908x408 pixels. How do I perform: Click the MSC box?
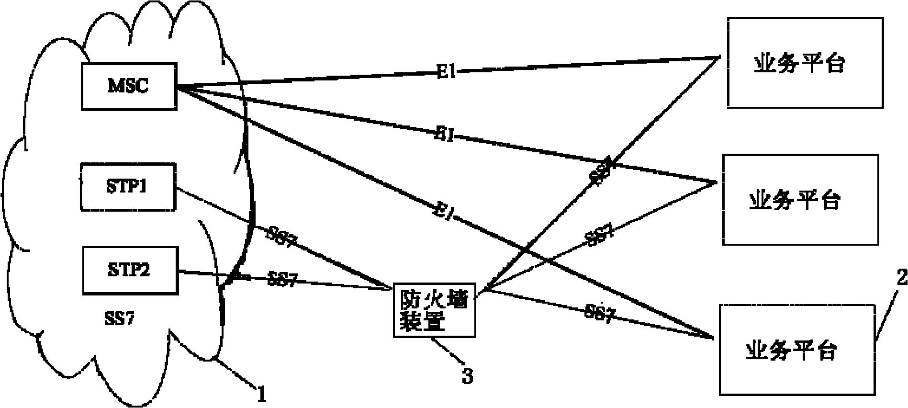pyautogui.click(x=129, y=86)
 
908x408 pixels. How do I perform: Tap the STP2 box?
pyautogui.click(x=130, y=270)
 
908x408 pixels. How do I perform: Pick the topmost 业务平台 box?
pyautogui.click(x=805, y=63)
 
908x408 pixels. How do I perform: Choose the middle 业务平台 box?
pyautogui.click(x=800, y=199)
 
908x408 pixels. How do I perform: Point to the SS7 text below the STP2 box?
pyautogui.click(x=119, y=318)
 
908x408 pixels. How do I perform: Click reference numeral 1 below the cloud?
pyautogui.click(x=261, y=396)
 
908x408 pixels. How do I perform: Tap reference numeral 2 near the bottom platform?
pyautogui.click(x=901, y=278)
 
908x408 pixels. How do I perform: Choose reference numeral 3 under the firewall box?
pyautogui.click(x=467, y=376)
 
